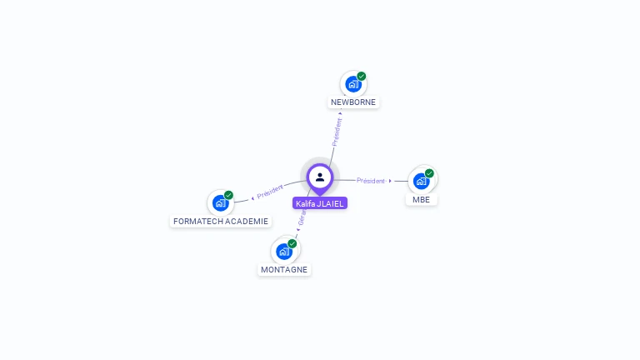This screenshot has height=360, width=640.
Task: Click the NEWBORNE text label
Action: tap(353, 102)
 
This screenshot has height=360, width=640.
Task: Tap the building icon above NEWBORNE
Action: tap(352, 84)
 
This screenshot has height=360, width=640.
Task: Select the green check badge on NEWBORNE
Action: tap(362, 76)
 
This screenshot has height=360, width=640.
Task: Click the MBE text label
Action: tap(421, 200)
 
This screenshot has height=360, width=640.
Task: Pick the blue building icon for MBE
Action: tap(421, 181)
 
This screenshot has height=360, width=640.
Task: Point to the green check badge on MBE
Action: tap(429, 173)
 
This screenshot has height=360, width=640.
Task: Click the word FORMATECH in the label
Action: tap(198, 222)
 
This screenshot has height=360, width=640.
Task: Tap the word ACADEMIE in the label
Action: tap(247, 222)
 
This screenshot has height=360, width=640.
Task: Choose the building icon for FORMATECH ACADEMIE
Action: tap(220, 202)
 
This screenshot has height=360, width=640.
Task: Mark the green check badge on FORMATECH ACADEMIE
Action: tap(228, 195)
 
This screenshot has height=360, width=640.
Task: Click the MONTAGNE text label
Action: tap(284, 270)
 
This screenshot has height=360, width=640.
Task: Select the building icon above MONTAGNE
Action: tap(283, 251)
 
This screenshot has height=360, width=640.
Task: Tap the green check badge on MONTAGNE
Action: tap(292, 243)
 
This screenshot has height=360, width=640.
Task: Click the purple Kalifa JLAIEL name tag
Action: tap(320, 203)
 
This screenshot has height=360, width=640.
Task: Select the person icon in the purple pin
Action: tap(320, 177)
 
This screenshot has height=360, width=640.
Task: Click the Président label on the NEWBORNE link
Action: tap(337, 132)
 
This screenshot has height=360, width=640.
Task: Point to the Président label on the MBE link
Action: tap(371, 181)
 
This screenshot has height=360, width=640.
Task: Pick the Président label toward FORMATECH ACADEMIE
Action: tap(270, 192)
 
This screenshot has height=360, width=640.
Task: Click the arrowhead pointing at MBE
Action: tap(390, 181)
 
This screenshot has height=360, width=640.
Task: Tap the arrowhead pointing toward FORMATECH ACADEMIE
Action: tap(252, 197)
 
